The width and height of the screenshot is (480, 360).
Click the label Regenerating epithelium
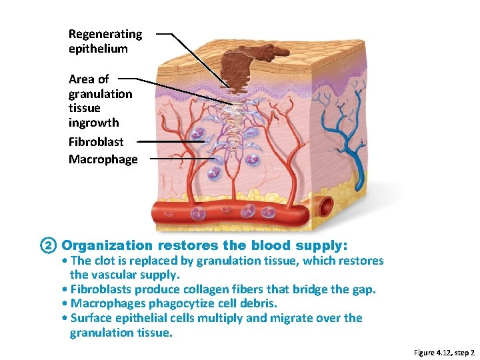(105, 41)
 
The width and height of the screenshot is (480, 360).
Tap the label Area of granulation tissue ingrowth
(100, 101)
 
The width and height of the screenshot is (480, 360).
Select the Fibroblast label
(96, 141)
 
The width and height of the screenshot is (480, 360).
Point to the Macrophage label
(103, 159)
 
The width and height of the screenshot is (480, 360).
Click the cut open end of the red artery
(326, 207)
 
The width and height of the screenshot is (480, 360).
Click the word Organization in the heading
(107, 245)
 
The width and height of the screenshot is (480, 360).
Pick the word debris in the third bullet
(258, 303)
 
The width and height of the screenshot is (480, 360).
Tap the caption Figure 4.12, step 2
(444, 352)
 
